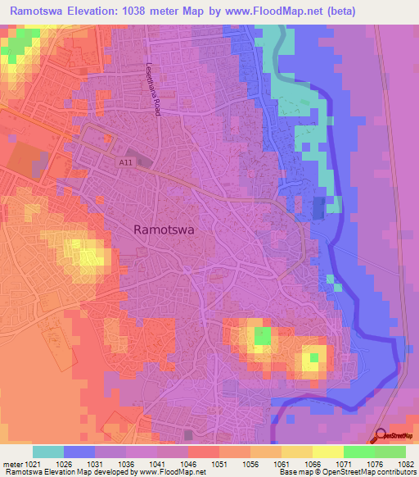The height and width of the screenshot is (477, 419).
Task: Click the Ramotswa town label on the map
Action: pos(164,230)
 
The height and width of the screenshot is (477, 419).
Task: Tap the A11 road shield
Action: pos(124,162)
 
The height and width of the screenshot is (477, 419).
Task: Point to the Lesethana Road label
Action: pos(152,89)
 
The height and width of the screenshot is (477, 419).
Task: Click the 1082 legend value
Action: pos(403,463)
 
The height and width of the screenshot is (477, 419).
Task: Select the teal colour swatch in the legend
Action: pos(48,452)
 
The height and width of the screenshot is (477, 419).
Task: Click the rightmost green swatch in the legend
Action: pos(390,452)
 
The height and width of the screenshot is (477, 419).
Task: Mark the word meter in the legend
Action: pos(12,463)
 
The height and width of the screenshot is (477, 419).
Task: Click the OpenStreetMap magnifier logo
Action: pos(381,438)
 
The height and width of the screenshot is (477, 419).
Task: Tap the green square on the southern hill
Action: pos(262,336)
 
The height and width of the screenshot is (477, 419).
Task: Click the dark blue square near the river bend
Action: pos(318,208)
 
